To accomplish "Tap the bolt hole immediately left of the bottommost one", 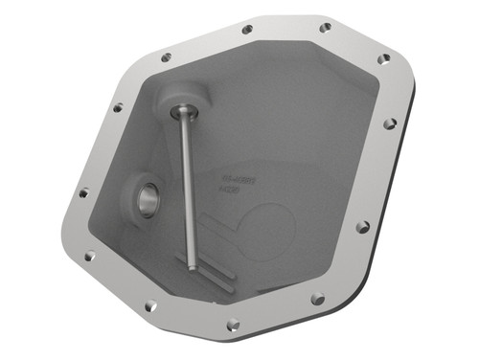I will tap(150, 305).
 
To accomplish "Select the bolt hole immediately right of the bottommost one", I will tap(317, 299).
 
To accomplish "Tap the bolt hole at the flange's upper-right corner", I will tap(383, 58).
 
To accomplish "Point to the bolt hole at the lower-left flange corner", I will tap(89, 256).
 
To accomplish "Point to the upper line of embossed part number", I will tap(234, 179).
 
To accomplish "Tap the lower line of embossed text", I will tap(230, 191).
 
